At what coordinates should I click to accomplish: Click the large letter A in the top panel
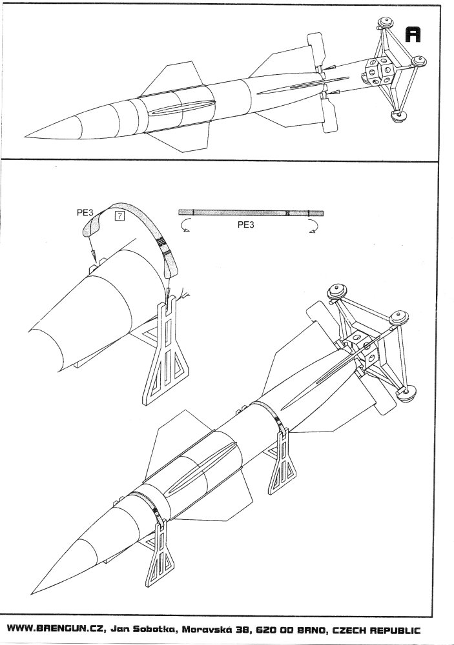point(413,35)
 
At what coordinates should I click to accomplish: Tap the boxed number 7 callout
point(119,215)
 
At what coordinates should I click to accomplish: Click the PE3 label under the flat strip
point(245,225)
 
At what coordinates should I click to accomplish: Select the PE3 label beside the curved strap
point(85,212)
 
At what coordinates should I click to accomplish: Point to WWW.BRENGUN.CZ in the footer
point(57,629)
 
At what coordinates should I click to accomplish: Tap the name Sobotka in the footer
point(155,630)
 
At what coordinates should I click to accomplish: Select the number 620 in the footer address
point(265,630)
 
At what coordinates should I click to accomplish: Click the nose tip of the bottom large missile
point(32,593)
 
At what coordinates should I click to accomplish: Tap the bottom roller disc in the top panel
point(398,116)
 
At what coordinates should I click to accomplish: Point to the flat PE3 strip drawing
point(251,213)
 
